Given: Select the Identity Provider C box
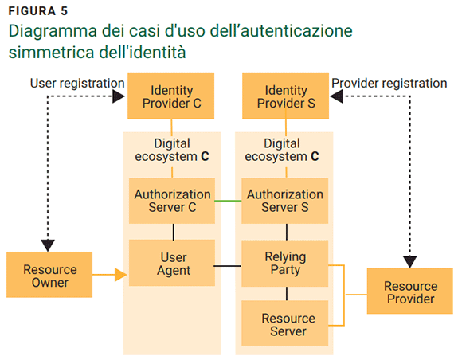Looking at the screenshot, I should point(172,96).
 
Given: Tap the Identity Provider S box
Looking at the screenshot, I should point(285,96).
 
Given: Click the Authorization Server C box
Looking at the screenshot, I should point(172,201).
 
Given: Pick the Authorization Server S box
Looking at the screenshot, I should point(285,201).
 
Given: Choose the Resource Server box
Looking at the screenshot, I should point(285,324).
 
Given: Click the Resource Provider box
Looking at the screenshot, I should point(410,292).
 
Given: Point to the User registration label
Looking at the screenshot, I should point(77,83).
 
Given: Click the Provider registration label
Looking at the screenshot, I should point(389,83).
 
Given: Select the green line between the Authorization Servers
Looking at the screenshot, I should point(229,201).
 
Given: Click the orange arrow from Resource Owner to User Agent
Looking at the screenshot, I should point(112,276).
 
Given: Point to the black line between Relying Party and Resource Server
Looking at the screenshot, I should point(285,293).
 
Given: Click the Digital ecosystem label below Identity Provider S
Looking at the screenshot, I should point(285,150).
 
